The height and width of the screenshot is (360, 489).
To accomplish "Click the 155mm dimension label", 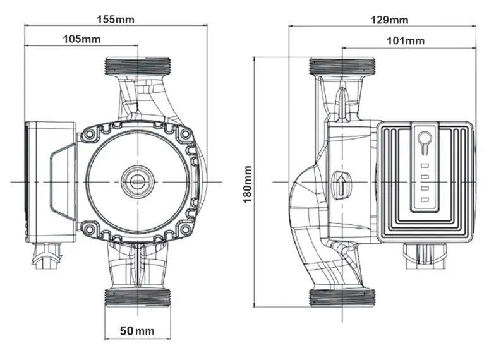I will [115, 18].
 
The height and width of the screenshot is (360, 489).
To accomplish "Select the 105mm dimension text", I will [81, 39].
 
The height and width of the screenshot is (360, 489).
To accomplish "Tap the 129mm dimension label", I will [389, 20].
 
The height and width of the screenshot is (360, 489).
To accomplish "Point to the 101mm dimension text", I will [405, 41].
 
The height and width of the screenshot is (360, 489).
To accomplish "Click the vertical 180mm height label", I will [248, 184].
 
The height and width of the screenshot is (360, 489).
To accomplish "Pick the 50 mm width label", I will [137, 330].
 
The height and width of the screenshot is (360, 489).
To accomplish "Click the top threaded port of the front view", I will [137, 65].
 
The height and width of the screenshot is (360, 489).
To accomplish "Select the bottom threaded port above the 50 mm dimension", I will [137, 297].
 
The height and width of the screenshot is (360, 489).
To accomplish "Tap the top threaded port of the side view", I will [342, 65].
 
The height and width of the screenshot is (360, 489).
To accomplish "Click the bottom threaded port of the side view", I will [342, 297].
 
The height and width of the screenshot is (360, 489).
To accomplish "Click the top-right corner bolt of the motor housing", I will [186, 135].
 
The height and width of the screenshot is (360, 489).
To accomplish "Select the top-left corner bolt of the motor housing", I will [88, 135].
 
